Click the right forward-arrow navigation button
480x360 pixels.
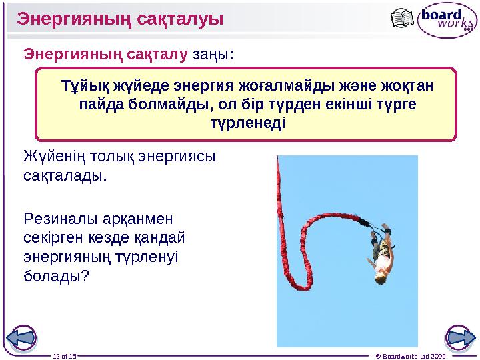click(458, 337)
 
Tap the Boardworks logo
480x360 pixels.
click(446, 21)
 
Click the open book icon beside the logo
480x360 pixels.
click(404, 19)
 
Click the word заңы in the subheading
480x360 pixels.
click(211, 53)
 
